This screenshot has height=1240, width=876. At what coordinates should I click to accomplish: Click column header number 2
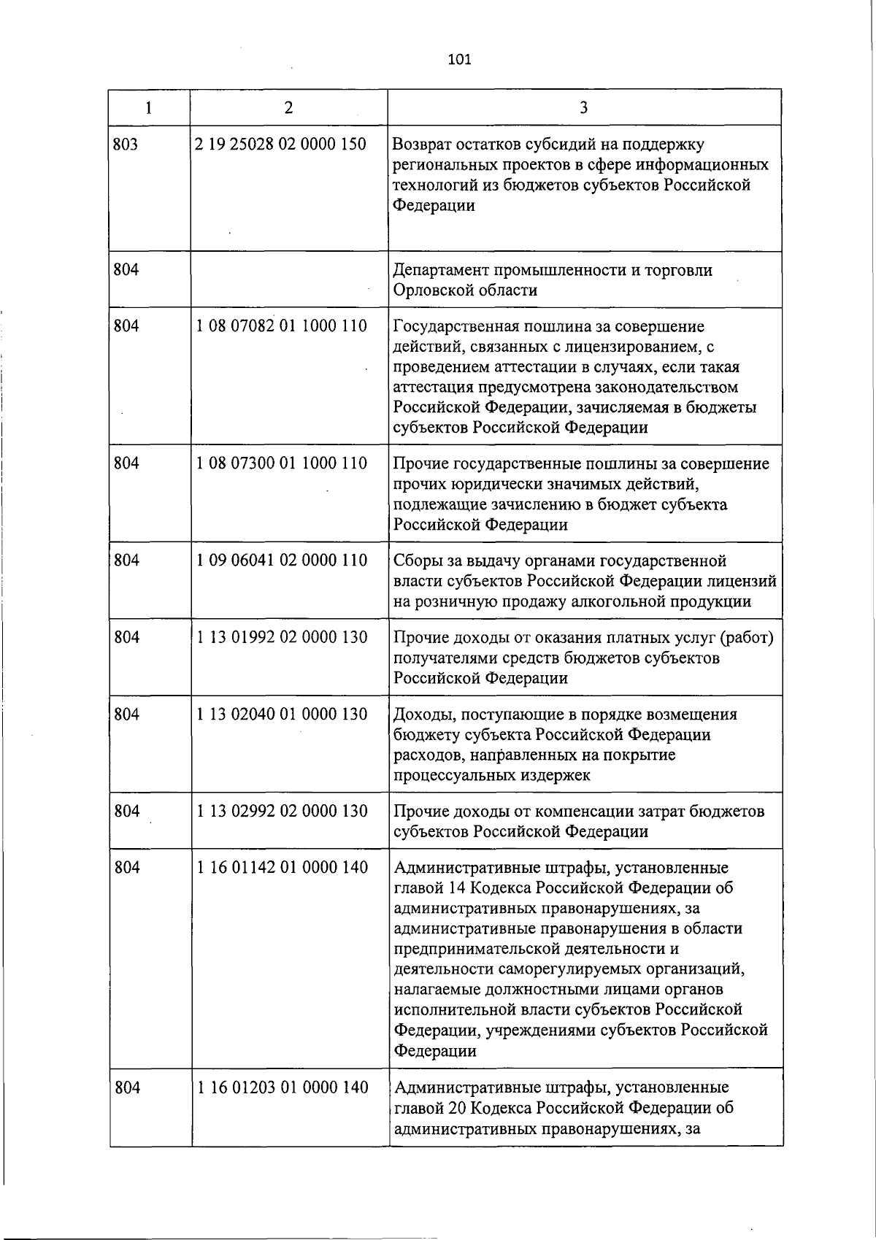click(289, 108)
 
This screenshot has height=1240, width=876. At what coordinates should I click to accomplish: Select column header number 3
click(583, 108)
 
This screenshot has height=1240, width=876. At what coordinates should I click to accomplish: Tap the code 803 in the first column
click(126, 145)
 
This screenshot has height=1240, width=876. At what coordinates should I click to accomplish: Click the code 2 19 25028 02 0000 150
click(281, 144)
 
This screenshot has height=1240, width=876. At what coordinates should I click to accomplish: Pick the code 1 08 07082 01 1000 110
click(282, 326)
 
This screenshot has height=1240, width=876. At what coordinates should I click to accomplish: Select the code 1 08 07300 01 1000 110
click(282, 463)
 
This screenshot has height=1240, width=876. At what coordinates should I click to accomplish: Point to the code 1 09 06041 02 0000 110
click(282, 561)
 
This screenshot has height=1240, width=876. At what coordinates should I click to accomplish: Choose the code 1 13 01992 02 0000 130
click(282, 637)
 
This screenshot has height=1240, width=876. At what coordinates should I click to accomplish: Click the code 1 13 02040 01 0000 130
click(282, 714)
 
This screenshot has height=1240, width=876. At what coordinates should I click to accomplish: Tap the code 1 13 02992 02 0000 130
click(282, 811)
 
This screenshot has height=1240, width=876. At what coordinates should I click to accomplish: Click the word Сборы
click(416, 561)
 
